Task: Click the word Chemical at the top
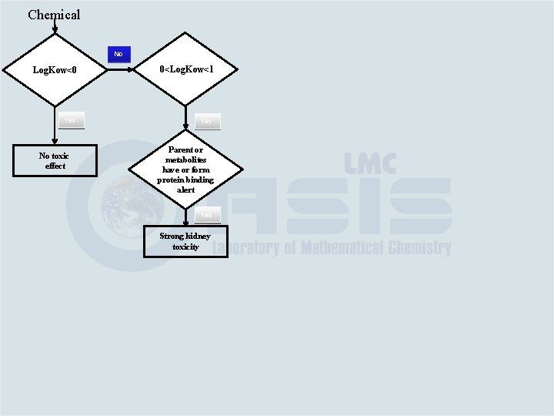[x=54, y=15]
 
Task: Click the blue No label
[x=118, y=54]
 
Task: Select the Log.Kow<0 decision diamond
[x=55, y=70]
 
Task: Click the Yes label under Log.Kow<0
[x=70, y=119]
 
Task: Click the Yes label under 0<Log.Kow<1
[x=206, y=121]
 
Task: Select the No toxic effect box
[x=55, y=160]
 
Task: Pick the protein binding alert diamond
[x=185, y=169]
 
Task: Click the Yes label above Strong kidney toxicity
[x=205, y=215]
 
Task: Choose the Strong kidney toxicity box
[x=185, y=241]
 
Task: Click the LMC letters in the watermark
[x=370, y=163]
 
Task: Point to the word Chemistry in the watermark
[x=420, y=248]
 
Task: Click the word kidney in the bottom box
[x=196, y=236]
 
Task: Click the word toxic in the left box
[x=60, y=156]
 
